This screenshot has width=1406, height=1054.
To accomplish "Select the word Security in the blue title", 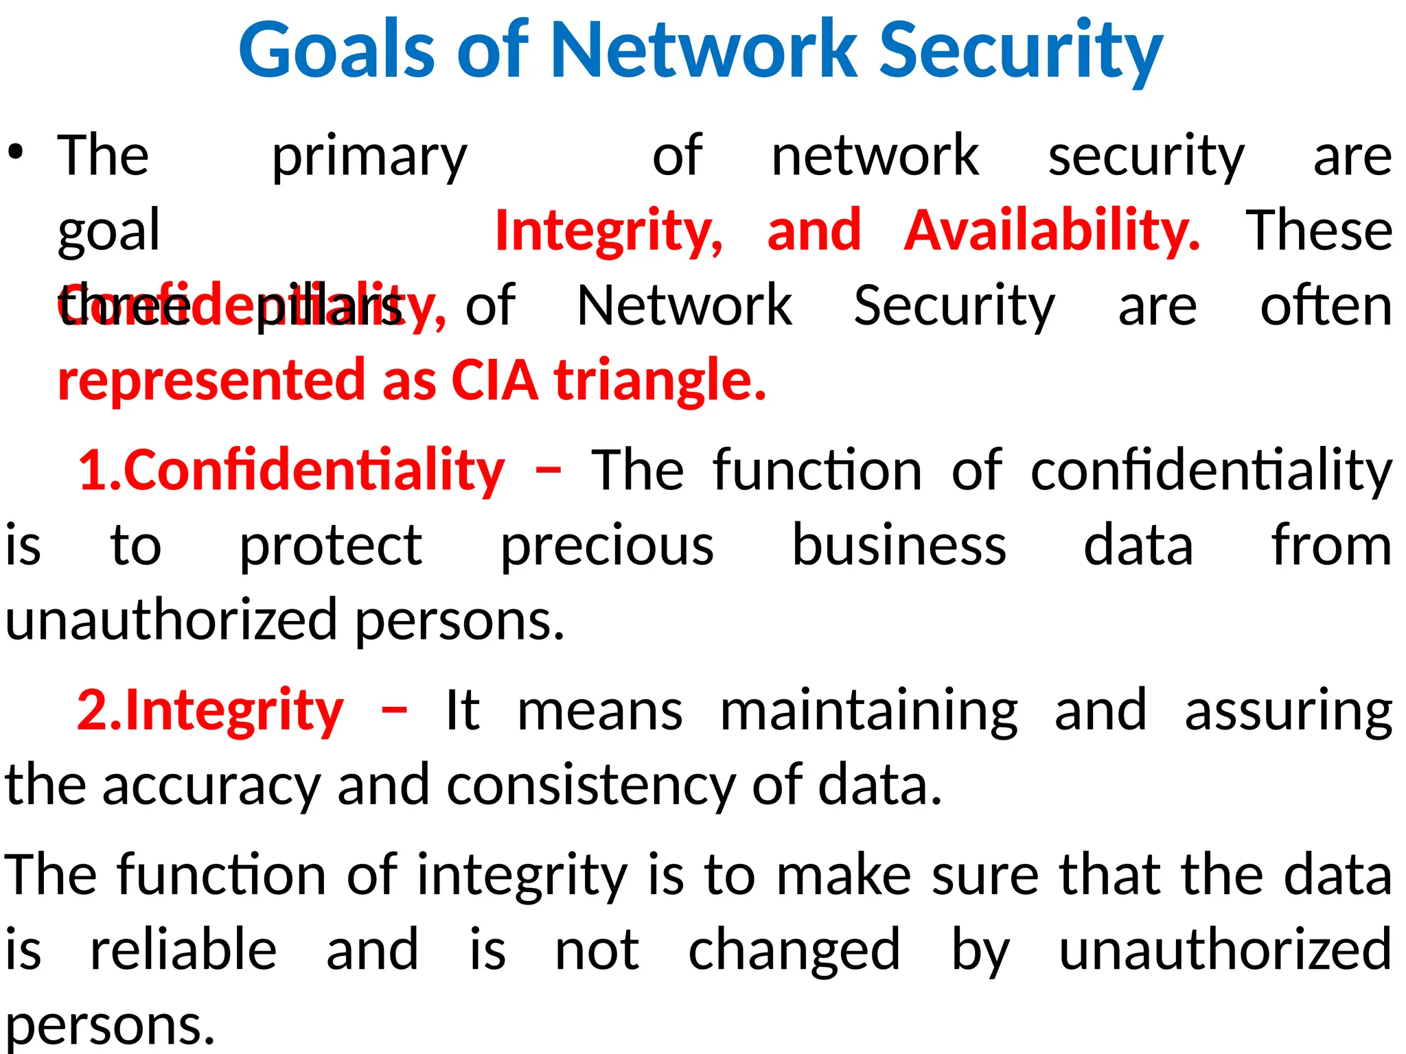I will (x=1021, y=52).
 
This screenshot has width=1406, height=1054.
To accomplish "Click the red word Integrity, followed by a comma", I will (x=609, y=232).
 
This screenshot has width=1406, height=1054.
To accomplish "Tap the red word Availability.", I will (x=1052, y=231).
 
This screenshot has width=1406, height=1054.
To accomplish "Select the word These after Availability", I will (x=1319, y=231).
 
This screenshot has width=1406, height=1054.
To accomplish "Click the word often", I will (x=1326, y=305).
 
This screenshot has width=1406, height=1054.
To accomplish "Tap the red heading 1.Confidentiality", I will (x=291, y=471).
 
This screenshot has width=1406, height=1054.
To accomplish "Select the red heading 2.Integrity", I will (x=210, y=712).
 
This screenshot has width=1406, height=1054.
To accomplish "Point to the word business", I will (x=899, y=546).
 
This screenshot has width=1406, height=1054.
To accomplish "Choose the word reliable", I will (x=183, y=950).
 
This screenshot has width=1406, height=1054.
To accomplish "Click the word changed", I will (x=794, y=951).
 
